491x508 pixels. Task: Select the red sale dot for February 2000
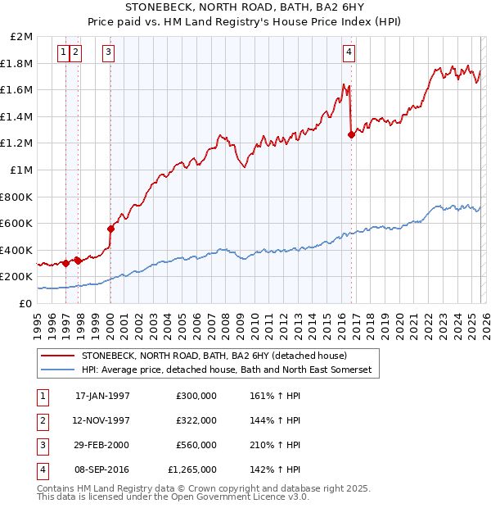(110, 229)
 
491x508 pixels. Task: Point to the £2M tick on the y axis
(22, 37)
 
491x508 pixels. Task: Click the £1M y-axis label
(22, 170)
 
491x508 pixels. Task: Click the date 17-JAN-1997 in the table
(102, 395)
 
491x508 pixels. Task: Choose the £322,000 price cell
(196, 420)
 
